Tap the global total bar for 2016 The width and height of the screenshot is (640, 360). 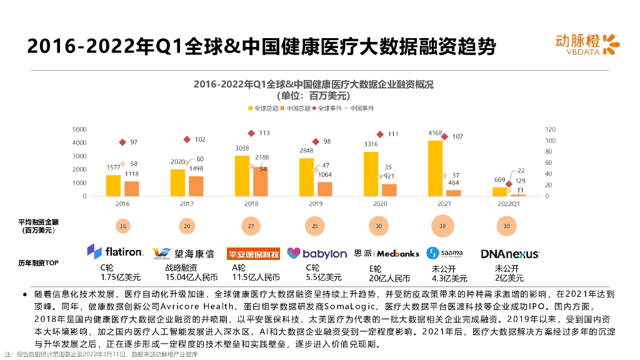click(x=113, y=186)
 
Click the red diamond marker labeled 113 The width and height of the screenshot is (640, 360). click(x=251, y=133)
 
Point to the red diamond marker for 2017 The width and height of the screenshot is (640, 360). click(x=187, y=139)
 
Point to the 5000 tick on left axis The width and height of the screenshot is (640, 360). click(x=79, y=129)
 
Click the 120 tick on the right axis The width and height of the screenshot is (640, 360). click(x=549, y=129)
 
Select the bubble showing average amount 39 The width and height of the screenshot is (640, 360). click(x=442, y=226)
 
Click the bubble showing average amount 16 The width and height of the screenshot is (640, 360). click(x=123, y=226)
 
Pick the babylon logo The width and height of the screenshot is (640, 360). click(x=317, y=253)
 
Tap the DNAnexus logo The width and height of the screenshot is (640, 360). click(x=510, y=254)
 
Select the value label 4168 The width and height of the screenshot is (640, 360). click(x=435, y=133)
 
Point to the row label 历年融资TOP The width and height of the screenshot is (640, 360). click(x=39, y=263)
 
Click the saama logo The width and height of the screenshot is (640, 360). click(x=444, y=252)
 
